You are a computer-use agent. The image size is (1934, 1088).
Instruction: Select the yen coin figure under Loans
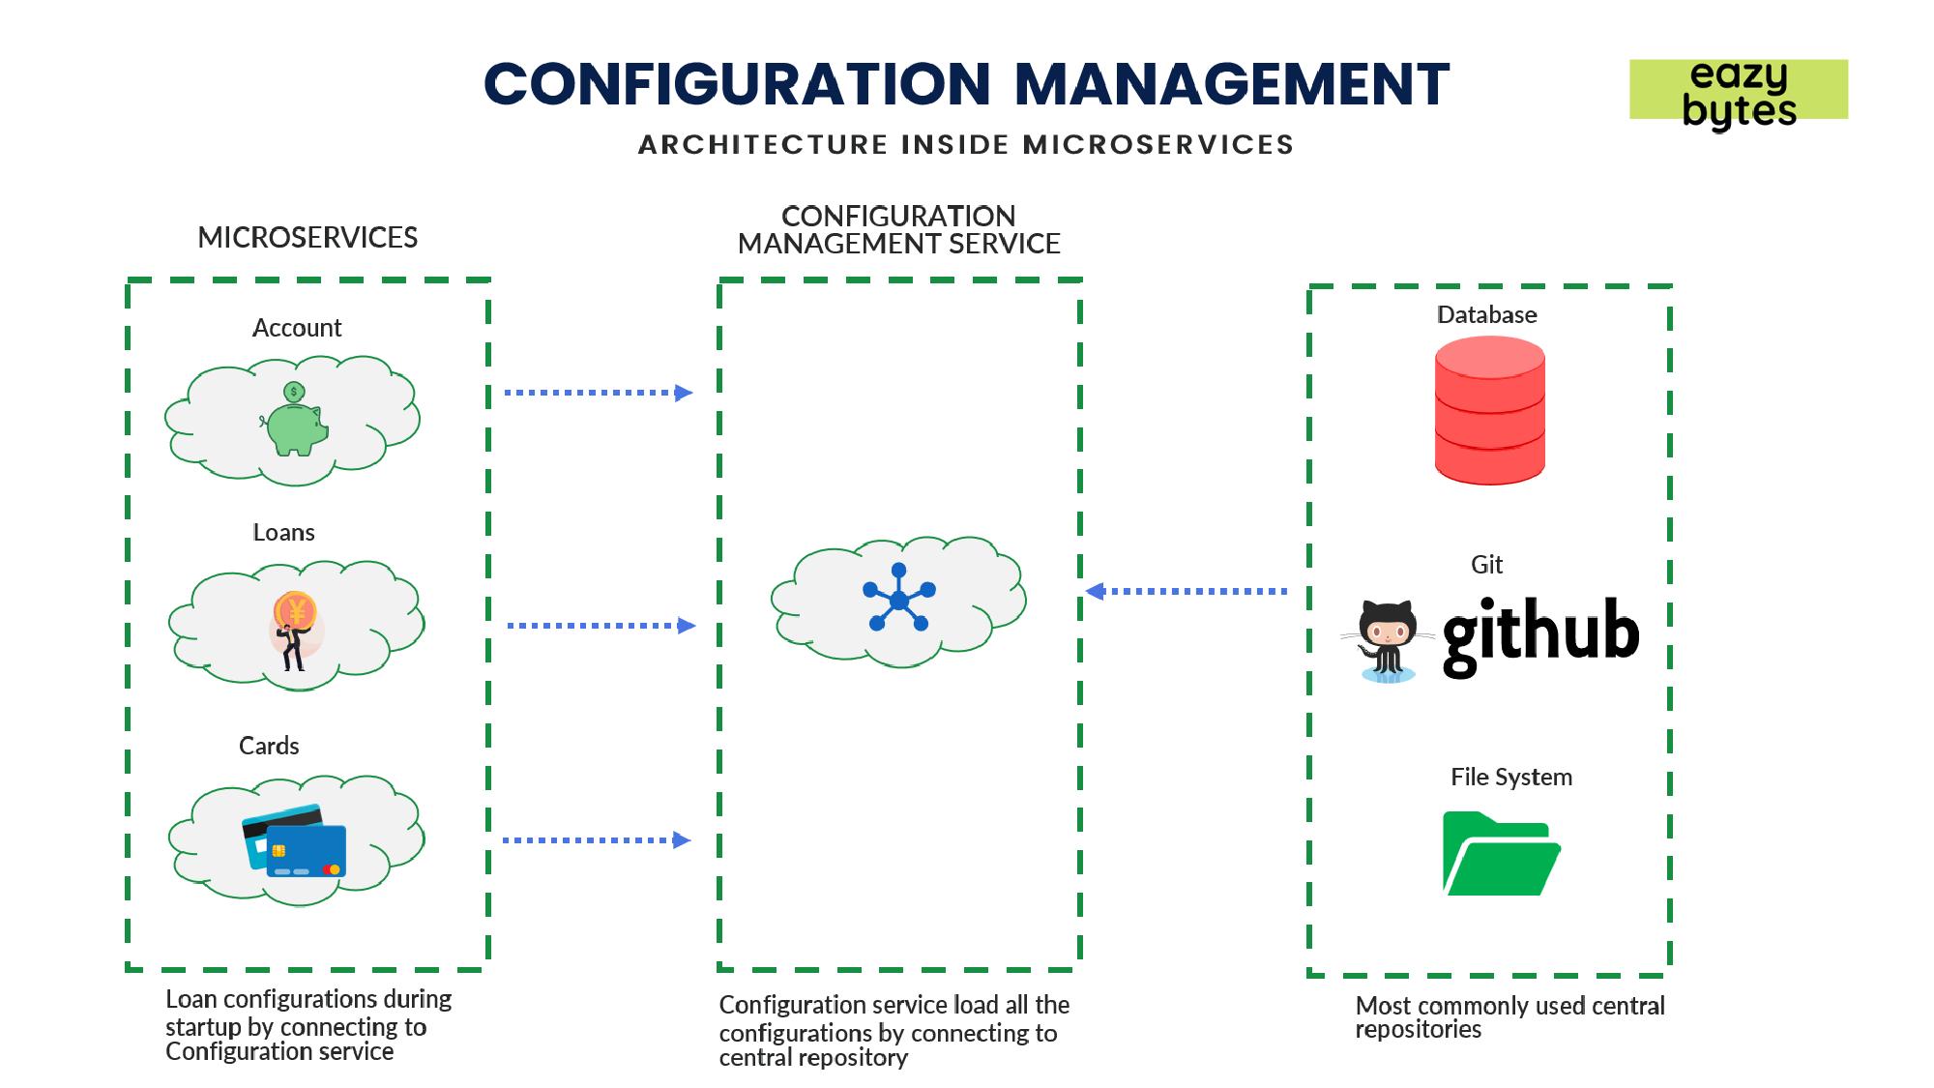tap(294, 629)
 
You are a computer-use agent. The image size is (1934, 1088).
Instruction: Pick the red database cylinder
tap(1489, 410)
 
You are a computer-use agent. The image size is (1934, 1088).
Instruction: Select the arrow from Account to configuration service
tap(599, 393)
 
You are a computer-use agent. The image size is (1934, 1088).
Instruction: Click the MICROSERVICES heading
tap(308, 238)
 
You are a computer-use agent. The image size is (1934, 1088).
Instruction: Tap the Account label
tap(297, 328)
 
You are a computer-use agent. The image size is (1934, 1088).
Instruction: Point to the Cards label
tap(269, 746)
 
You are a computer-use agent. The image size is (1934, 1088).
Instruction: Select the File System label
tap(1510, 777)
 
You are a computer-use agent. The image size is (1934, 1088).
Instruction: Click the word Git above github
tap(1486, 565)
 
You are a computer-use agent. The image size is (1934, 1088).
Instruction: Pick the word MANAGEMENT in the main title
tap(1232, 84)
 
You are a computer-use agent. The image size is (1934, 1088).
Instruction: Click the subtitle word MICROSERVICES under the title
tap(1157, 145)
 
